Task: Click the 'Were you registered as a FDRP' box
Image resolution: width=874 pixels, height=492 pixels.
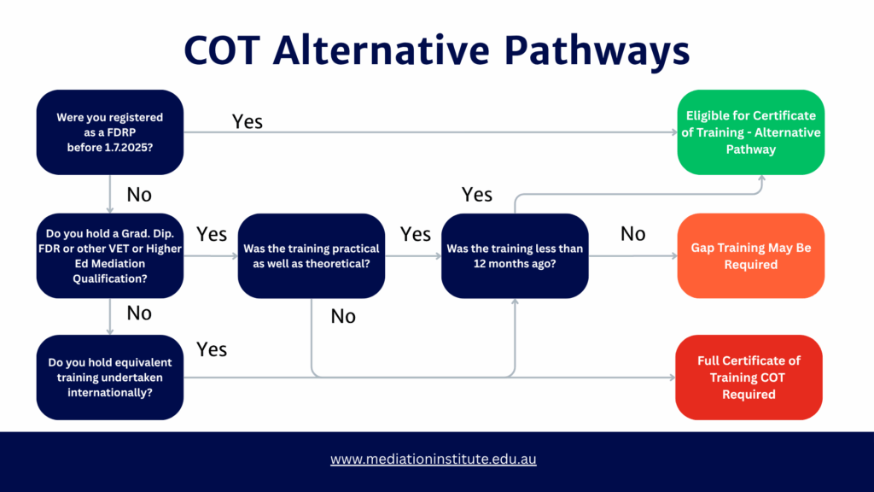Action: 110,132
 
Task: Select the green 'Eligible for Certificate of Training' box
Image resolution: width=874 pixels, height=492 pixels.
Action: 751,132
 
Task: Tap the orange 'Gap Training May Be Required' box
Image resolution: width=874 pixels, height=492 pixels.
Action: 751,256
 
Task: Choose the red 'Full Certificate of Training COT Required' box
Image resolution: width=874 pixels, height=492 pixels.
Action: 749,378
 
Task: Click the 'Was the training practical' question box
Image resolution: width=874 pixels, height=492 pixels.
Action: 312,256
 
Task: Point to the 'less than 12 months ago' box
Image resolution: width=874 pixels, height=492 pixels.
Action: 515,256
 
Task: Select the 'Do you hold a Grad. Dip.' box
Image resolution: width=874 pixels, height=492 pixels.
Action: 110,256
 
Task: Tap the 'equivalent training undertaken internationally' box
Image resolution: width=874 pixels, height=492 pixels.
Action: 110,378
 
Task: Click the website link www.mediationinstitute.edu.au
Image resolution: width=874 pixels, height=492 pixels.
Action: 434,459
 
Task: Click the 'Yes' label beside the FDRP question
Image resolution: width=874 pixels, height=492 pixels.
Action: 248,121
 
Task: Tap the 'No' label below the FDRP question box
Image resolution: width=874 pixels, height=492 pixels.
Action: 139,195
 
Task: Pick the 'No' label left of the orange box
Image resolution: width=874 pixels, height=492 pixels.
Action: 632,233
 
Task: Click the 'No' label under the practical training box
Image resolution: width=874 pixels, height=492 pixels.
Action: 343,317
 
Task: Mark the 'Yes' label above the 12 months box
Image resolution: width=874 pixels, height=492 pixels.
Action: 477,195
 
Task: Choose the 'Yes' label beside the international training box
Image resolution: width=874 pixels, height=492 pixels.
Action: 212,349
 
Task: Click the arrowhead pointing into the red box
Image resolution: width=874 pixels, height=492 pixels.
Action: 668,377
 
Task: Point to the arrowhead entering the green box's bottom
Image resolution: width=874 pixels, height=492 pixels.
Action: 760,180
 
